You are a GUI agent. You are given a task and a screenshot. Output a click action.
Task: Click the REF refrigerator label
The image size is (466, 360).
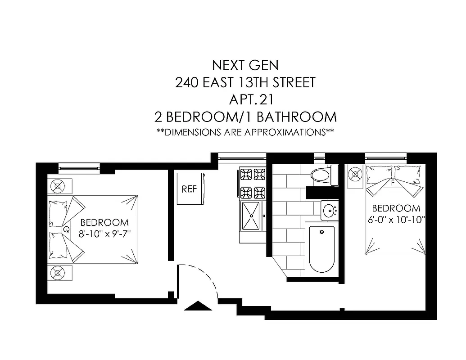(189, 189)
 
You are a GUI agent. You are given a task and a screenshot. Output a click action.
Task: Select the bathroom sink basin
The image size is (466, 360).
(330, 210)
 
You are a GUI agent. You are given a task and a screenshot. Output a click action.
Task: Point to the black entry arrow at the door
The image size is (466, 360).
(198, 306)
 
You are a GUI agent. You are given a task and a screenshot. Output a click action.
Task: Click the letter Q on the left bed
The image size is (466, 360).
(66, 229)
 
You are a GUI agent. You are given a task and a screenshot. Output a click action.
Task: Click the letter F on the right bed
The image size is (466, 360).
(393, 183)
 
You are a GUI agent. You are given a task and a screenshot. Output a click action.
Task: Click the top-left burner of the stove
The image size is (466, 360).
(246, 174)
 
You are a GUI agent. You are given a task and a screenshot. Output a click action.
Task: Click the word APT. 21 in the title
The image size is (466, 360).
(245, 99)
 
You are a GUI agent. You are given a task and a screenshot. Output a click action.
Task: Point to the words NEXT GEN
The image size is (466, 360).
(245, 65)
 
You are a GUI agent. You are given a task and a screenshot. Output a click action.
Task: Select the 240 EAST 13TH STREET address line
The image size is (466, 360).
(245, 82)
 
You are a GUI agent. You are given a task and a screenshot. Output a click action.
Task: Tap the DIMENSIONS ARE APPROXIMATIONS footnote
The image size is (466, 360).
(245, 132)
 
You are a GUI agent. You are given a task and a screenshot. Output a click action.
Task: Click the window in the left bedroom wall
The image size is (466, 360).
(79, 168)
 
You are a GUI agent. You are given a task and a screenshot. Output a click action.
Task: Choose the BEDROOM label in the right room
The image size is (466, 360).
(396, 208)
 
